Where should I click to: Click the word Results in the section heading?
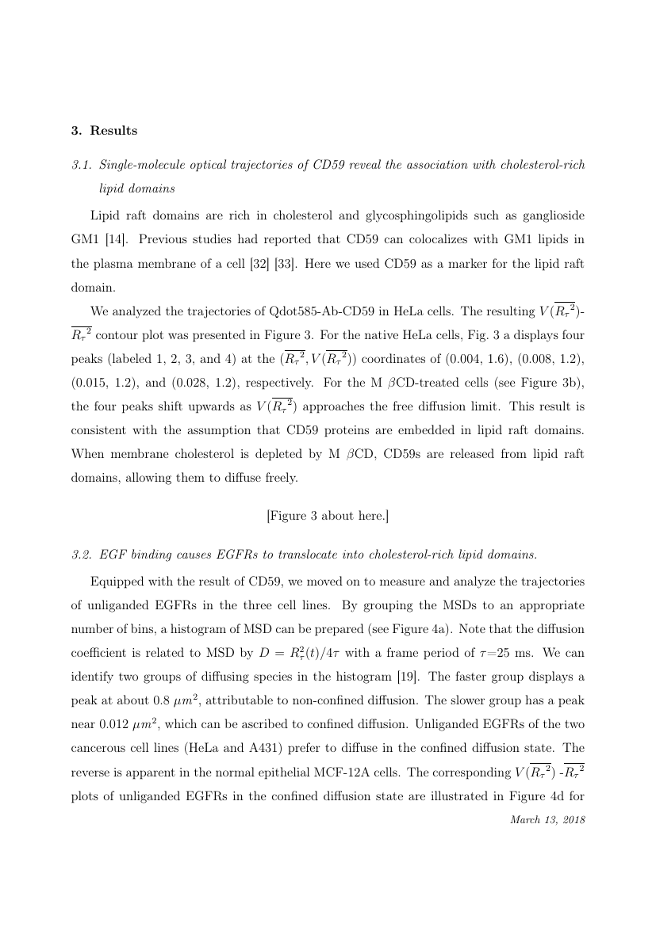click(x=113, y=130)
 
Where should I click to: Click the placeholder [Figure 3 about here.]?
click(x=328, y=516)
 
